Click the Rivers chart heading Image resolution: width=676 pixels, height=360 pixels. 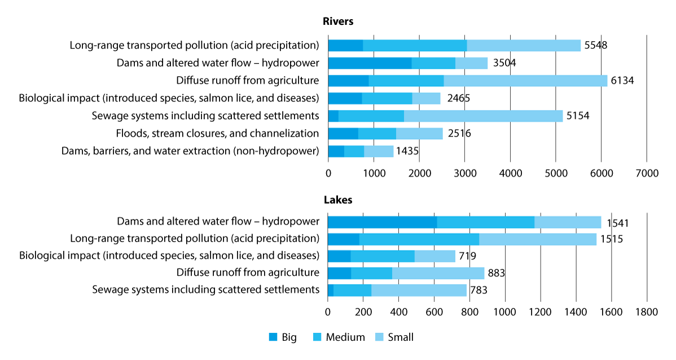338,21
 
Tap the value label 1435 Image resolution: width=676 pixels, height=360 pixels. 407,151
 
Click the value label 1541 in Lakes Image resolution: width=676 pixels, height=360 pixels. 617,223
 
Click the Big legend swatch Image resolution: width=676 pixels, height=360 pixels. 273,337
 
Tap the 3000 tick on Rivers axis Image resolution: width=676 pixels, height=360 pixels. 464,174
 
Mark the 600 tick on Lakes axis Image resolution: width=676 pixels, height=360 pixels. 434,311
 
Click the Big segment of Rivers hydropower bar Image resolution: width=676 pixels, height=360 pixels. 370,63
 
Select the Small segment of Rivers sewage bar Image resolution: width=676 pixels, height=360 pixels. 483,116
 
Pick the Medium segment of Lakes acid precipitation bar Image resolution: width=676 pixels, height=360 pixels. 419,239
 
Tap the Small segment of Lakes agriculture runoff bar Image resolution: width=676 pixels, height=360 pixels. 438,273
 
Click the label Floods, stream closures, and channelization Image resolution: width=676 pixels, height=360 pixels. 217,134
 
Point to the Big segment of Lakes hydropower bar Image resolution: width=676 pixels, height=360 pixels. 382,222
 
